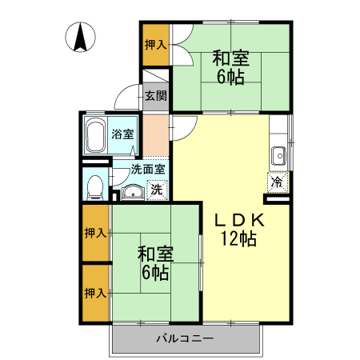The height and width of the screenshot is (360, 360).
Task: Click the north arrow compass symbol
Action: coord(81,38)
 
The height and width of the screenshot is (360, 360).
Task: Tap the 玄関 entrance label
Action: coord(156,97)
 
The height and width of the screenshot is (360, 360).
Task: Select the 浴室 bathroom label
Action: coord(122,134)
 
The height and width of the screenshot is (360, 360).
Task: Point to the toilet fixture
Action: coord(94,186)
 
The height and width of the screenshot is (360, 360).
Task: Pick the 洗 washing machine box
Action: coord(158,190)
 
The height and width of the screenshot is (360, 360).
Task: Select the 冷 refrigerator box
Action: coord(277,182)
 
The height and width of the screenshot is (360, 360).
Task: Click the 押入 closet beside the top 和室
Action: coord(155,46)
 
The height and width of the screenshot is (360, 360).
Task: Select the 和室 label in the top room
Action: coord(230,58)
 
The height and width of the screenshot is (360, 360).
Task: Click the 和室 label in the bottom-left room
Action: coord(155,254)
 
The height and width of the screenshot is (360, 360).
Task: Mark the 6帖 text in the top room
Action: coord(230,77)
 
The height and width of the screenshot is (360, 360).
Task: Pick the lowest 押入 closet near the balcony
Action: coord(95,294)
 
